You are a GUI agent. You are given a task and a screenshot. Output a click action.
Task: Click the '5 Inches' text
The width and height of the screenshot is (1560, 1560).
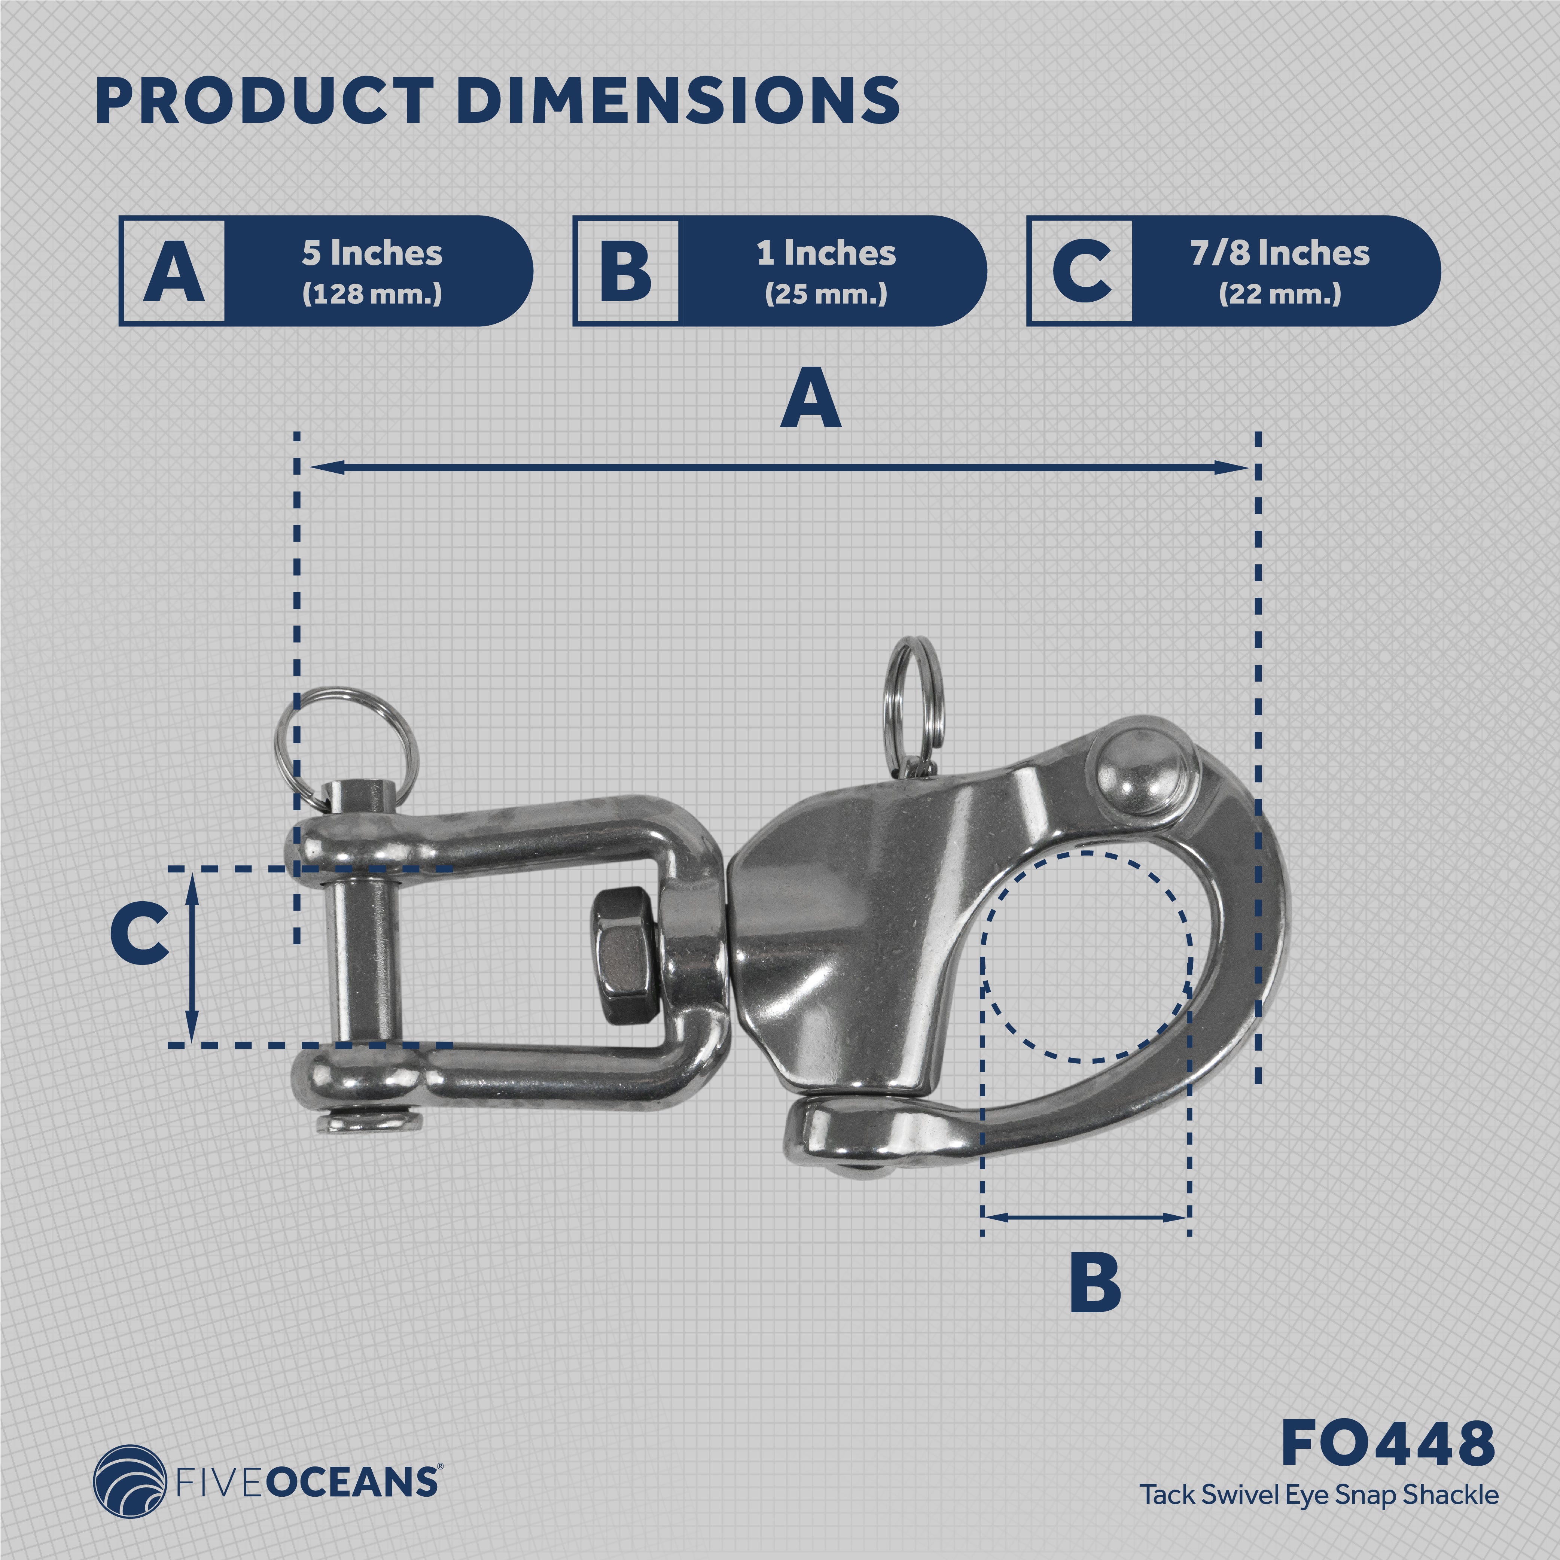click(372, 253)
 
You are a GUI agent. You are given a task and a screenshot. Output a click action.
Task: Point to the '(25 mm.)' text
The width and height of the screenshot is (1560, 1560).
click(826, 294)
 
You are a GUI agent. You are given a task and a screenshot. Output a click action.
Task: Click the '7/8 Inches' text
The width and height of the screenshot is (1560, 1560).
click(1280, 253)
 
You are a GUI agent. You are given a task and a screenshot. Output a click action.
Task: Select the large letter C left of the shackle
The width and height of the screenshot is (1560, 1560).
click(140, 934)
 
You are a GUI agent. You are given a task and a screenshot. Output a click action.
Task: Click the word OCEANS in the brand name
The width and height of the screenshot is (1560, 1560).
click(351, 1484)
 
